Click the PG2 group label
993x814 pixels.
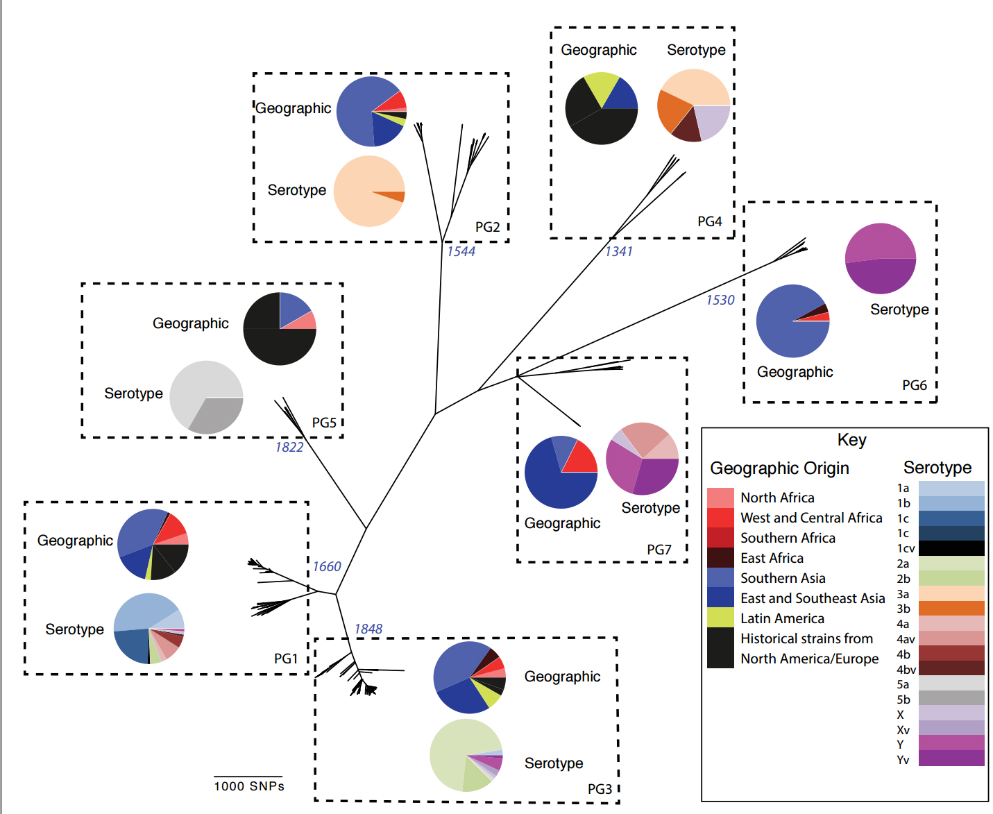point(487,227)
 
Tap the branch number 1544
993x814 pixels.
point(461,251)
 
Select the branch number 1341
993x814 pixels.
point(618,251)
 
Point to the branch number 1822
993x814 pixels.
point(289,447)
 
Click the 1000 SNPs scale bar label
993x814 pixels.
point(249,786)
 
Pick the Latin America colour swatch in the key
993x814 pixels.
point(720,618)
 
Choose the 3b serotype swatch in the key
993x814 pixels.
point(951,609)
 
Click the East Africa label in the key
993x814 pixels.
point(772,558)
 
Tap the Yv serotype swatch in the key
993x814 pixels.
point(951,758)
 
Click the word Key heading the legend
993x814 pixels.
point(851,440)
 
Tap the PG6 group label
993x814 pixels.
point(914,385)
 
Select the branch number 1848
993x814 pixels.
point(368,629)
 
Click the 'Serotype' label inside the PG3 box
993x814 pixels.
point(553,763)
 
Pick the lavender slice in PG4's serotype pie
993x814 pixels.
point(709,119)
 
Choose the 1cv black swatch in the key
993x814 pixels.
point(951,548)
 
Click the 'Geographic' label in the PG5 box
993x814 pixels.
point(190,323)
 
